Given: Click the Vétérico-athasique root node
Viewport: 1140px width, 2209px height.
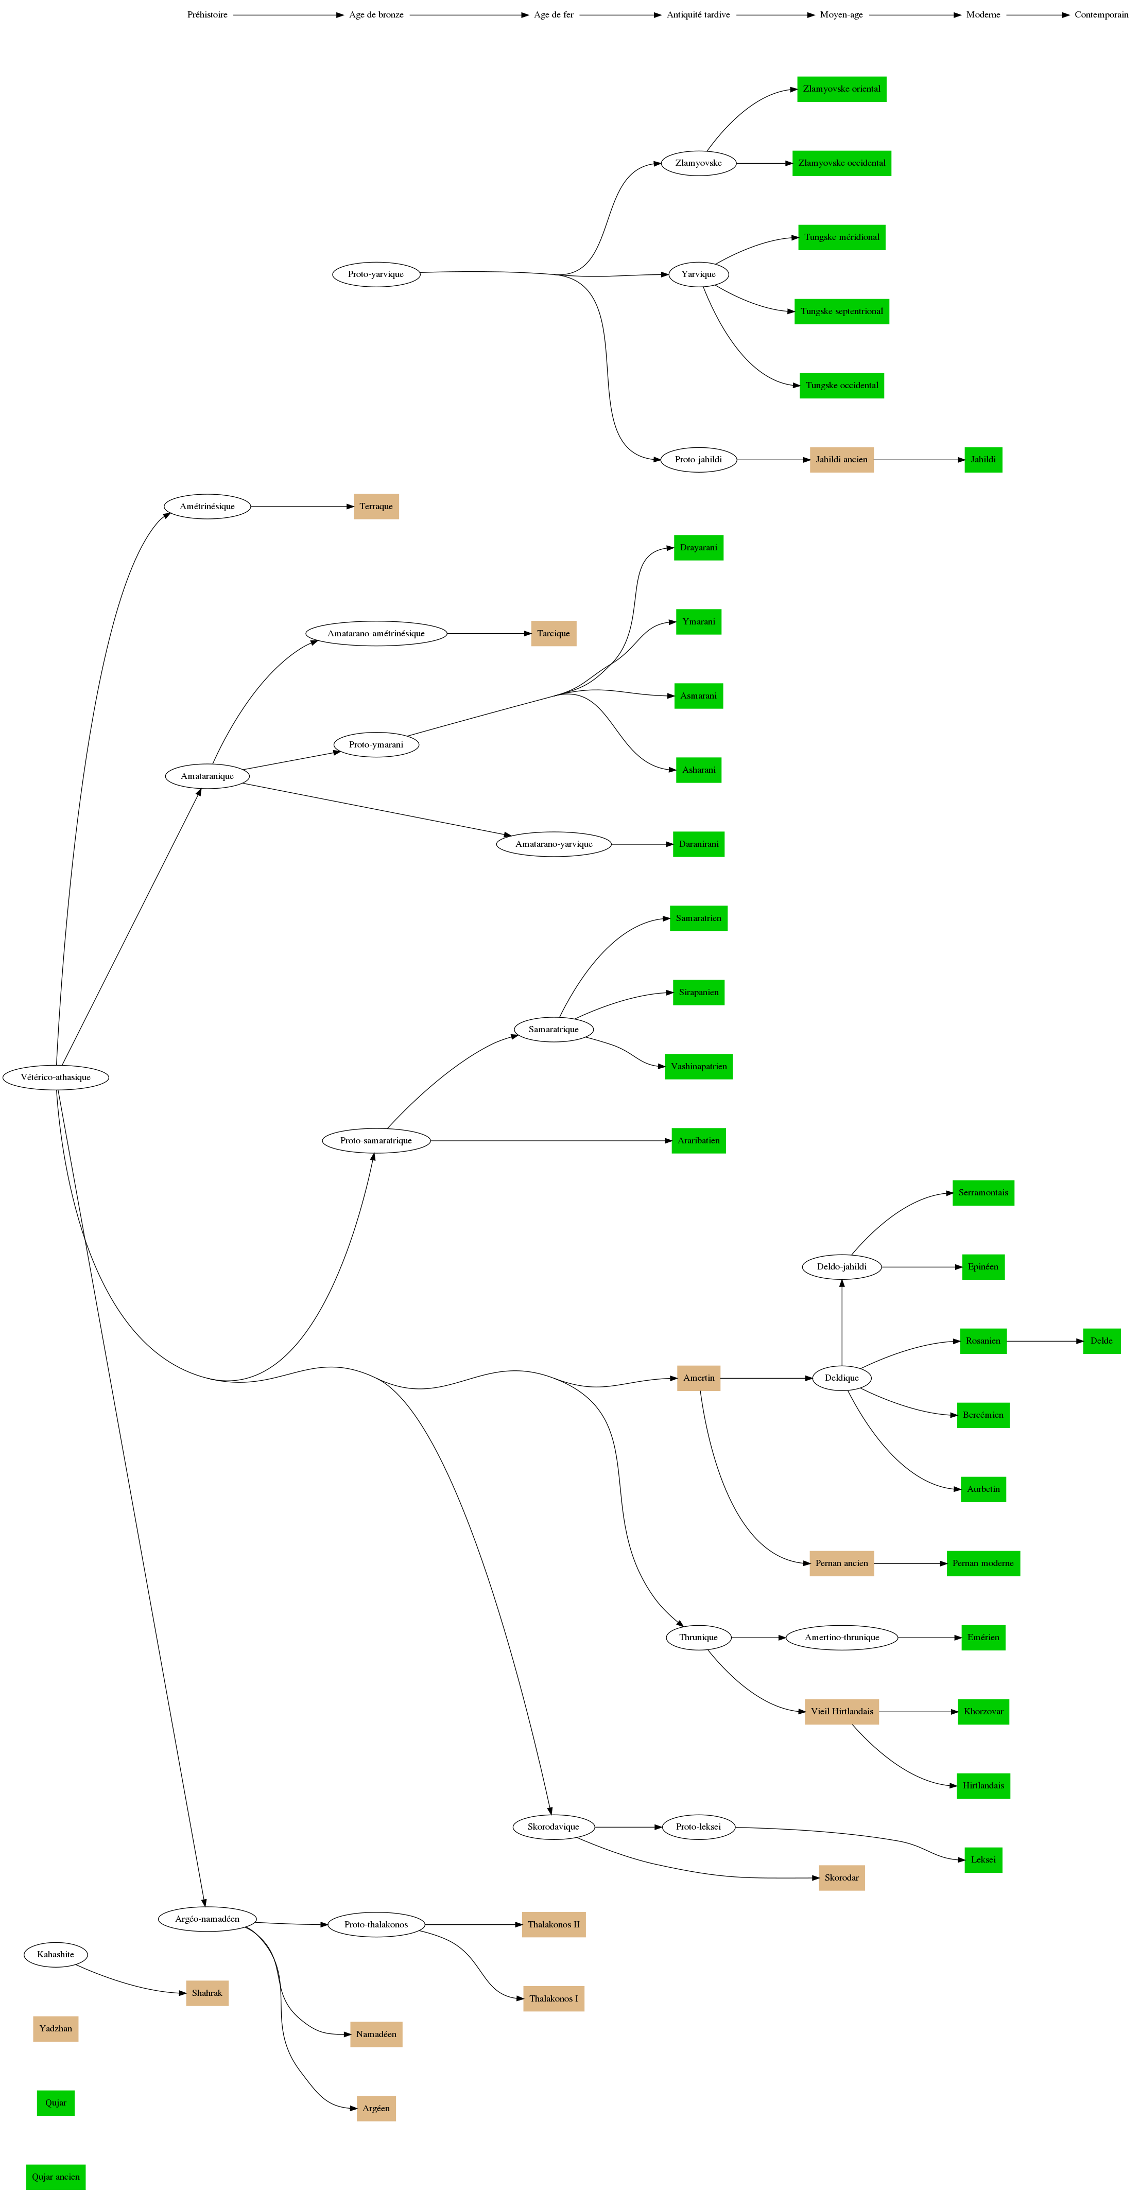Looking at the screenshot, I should point(56,1077).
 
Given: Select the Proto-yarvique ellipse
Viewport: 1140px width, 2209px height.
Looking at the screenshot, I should point(376,274).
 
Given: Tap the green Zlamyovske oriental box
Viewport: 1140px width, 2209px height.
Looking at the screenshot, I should point(841,89).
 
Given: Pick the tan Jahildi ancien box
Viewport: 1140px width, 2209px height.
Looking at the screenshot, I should point(841,460).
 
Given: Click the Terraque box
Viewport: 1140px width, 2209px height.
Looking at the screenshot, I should point(376,507).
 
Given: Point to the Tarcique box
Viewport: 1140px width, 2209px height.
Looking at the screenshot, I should point(554,634).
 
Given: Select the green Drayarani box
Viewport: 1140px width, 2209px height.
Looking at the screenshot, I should point(698,548).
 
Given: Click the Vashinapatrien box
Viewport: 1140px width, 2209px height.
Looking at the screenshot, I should point(698,1067).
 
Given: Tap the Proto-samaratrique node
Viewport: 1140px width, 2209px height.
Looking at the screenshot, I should point(376,1140).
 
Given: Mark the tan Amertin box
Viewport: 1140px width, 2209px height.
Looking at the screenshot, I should point(698,1378).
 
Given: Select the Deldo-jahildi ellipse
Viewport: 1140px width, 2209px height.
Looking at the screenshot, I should point(841,1266).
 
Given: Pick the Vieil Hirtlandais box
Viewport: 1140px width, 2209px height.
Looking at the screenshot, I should point(841,1712).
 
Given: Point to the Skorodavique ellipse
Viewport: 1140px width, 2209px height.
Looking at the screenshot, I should point(554,1827).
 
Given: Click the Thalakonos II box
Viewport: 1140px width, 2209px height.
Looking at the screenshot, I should point(554,1924).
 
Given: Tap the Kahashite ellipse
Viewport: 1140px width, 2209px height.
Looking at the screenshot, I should point(56,1954).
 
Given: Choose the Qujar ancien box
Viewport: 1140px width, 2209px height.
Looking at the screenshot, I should point(56,2177).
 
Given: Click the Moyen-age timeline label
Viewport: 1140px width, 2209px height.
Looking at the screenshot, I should point(841,14).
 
